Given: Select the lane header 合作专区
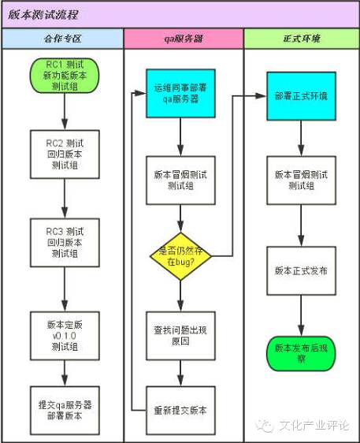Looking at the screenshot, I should pos(63,38).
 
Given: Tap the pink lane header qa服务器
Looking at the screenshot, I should pos(183,38).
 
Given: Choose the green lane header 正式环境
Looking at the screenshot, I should pos(301,38).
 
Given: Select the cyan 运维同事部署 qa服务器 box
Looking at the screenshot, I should pos(181,95).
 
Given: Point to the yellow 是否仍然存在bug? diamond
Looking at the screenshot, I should pos(181,255).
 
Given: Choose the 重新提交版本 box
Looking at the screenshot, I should pos(181,410).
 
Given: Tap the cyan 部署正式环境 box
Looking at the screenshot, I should pos(300,95).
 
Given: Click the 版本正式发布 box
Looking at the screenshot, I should pos(300,270).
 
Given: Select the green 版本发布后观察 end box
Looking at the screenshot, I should pos(300,352).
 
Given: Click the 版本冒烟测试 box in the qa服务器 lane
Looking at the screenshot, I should pos(181,181).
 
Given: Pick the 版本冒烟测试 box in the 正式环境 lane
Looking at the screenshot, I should pos(300,181).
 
